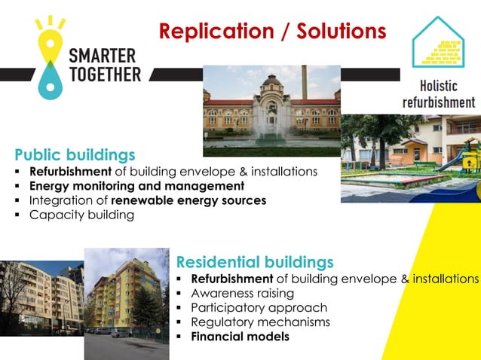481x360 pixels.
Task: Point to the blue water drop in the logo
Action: click(x=48, y=81)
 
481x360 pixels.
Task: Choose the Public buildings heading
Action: click(x=75, y=155)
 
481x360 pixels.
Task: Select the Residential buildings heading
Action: click(x=254, y=262)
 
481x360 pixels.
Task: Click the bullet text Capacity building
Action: click(x=81, y=215)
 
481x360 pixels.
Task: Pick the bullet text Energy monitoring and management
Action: click(x=136, y=185)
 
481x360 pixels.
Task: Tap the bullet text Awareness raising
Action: click(x=239, y=293)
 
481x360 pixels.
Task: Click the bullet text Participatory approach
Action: click(x=259, y=307)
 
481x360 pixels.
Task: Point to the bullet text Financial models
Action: click(x=240, y=337)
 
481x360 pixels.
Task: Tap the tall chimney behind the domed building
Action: click(x=305, y=81)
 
